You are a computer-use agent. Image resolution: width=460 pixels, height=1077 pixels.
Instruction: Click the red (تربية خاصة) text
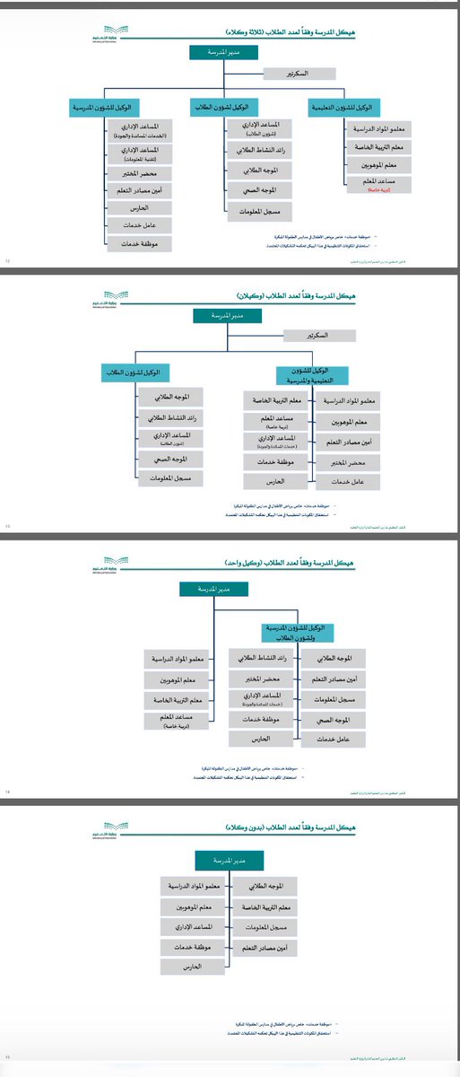click(x=369, y=191)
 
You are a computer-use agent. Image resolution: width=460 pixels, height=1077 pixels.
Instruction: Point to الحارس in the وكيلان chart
click(x=276, y=482)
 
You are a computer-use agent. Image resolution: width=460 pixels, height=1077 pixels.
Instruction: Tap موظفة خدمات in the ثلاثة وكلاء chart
click(x=139, y=243)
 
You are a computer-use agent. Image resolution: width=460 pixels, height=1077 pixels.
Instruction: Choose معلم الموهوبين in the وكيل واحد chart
click(x=180, y=679)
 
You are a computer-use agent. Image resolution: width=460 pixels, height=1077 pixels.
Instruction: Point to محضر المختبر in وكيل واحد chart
click(x=262, y=679)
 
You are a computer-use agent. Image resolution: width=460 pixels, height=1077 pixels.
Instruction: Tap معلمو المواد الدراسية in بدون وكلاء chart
click(x=193, y=886)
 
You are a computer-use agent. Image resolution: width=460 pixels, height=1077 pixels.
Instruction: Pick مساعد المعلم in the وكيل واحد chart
click(x=180, y=721)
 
